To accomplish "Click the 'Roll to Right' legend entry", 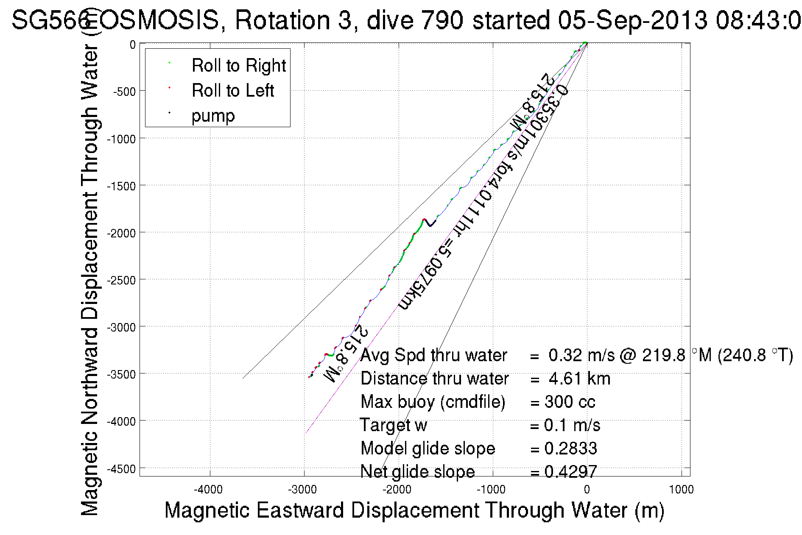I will [238, 66].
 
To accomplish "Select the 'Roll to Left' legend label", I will [232, 91].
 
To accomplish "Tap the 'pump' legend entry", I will [213, 116].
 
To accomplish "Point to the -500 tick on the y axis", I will [124, 92].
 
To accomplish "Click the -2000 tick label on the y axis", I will [121, 233].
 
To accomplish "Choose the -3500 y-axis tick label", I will [121, 374].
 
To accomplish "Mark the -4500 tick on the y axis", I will [121, 469].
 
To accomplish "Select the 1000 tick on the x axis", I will [681, 490].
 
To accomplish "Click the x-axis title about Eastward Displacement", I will [414, 510].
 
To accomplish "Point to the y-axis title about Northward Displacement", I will [89, 280].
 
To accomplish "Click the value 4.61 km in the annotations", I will [579, 379].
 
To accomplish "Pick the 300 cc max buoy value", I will [570, 402].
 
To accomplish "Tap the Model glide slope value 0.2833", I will [570, 449].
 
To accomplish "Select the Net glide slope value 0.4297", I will [570, 471].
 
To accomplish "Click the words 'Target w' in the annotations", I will [393, 425].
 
